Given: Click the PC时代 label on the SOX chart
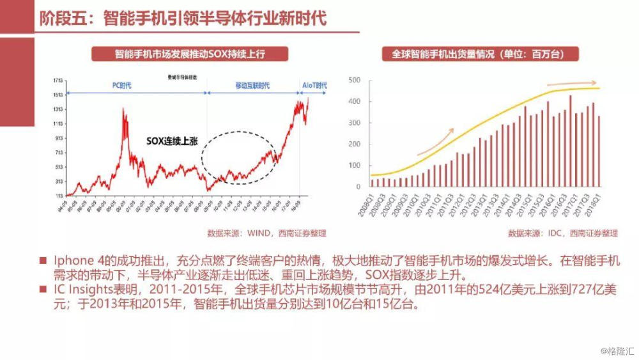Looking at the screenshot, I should point(118,86).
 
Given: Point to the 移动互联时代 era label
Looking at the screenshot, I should point(252,86).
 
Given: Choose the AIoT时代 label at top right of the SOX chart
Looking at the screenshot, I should point(314,86).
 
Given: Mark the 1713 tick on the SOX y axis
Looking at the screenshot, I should point(58,81).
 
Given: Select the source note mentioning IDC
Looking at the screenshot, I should point(563,233).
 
